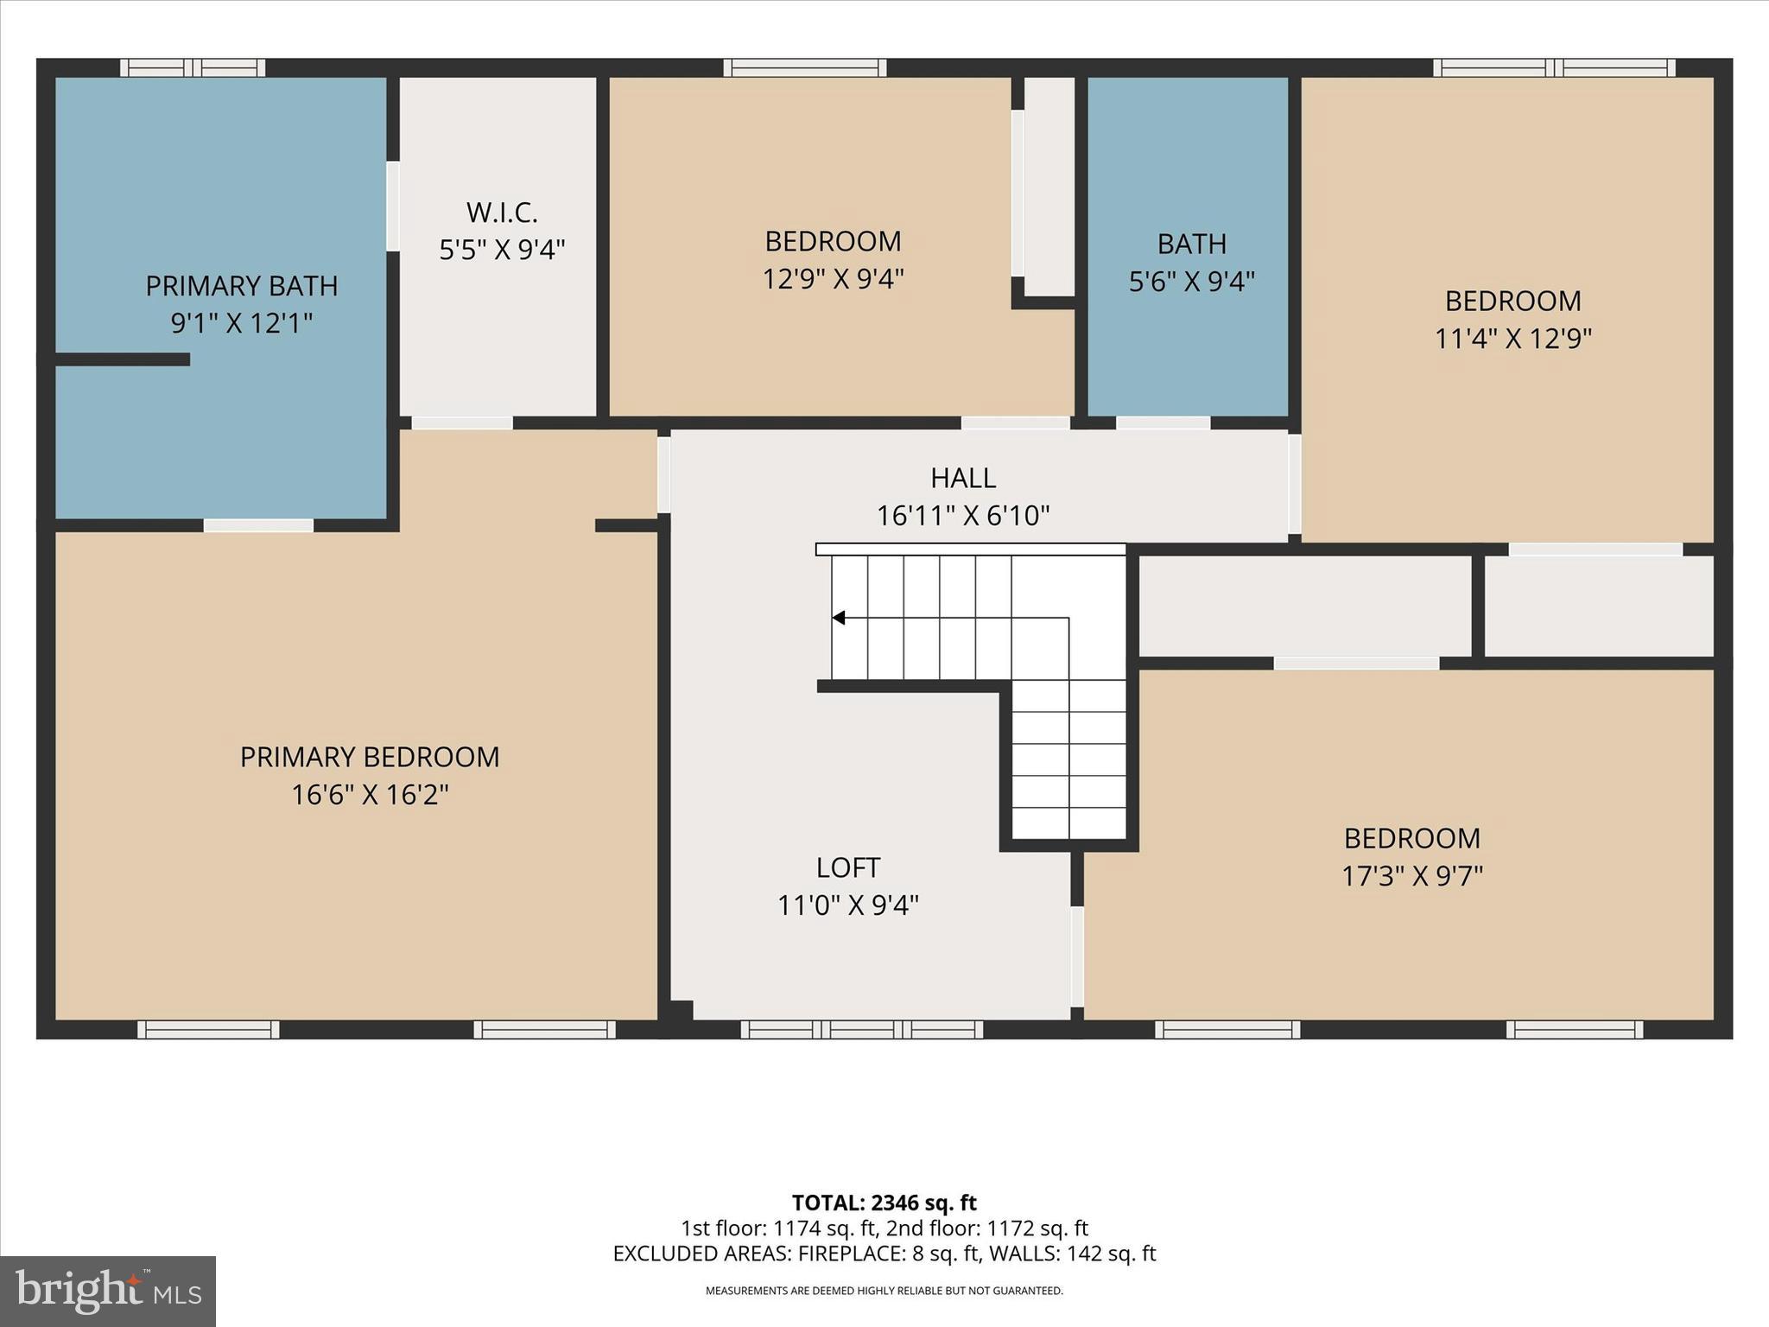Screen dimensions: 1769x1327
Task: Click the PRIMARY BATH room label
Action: (241, 286)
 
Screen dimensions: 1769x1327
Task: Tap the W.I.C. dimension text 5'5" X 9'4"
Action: (502, 250)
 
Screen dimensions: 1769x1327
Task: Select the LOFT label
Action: (848, 867)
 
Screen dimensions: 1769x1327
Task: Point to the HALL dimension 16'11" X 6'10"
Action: (963, 516)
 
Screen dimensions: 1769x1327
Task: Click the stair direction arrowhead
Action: (838, 618)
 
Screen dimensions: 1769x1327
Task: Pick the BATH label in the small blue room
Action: (1192, 244)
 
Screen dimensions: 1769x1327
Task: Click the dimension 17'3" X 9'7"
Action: (1412, 876)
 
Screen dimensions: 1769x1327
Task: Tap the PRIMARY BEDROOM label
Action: (370, 757)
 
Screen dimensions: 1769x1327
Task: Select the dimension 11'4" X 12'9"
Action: (1513, 338)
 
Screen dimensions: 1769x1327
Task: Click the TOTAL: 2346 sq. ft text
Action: (884, 1203)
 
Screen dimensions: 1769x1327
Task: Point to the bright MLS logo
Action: (108, 1292)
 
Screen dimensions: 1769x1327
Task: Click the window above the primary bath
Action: (193, 67)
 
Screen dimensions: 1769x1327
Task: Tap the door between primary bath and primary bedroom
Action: (258, 525)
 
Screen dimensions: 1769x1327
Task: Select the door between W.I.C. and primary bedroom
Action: (462, 423)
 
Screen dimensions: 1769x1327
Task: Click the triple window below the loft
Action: (862, 1029)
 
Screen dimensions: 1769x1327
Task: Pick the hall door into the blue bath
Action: (1163, 423)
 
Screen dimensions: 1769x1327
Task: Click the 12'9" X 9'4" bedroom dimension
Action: (833, 279)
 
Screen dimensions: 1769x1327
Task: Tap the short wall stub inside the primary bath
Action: (123, 359)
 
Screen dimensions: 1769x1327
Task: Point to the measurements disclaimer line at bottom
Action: (884, 1291)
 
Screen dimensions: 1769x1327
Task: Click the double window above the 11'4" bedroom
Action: (1555, 67)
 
